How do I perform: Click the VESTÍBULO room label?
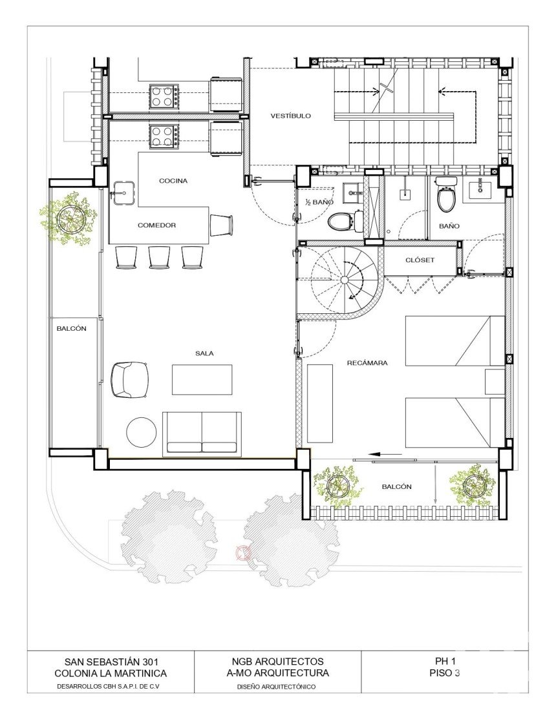(x=290, y=116)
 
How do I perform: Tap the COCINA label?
(x=173, y=181)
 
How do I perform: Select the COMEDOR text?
(x=157, y=225)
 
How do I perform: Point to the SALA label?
(x=204, y=353)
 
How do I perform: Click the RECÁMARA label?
(x=367, y=362)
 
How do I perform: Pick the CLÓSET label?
(x=420, y=260)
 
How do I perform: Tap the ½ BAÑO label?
(x=319, y=202)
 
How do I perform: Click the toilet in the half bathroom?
(x=341, y=221)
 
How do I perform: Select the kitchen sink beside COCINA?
(x=123, y=193)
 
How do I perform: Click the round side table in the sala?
(x=142, y=432)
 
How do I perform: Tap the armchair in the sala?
(x=130, y=380)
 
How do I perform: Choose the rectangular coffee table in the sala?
(x=202, y=379)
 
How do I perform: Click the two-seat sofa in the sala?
(x=202, y=433)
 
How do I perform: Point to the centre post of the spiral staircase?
(x=345, y=280)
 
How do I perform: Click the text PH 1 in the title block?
(x=445, y=662)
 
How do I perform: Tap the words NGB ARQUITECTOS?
(x=278, y=662)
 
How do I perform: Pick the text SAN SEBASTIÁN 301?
(x=111, y=662)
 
